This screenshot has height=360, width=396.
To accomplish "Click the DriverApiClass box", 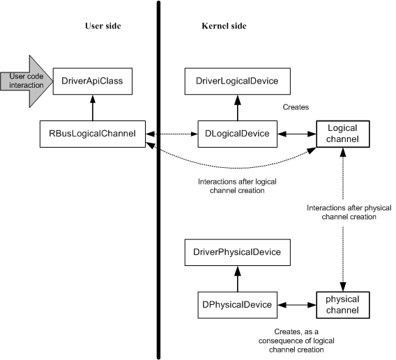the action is pos(93,81).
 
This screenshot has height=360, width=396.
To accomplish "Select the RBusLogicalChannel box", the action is pos(93,134).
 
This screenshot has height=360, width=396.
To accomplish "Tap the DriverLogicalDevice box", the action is pos(238,81).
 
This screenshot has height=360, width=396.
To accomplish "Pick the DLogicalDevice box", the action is pos(238,134).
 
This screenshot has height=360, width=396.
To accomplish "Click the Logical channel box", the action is pos(343,134).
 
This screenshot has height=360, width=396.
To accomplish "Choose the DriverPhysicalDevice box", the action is pos(238,252).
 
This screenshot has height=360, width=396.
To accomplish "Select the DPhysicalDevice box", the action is pos(238,305).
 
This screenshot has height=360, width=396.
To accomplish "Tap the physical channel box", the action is pos(343,305).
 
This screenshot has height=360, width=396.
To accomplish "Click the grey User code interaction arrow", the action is pos(26,81).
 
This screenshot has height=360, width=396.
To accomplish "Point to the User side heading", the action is pos(103,26).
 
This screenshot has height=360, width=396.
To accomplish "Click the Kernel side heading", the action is pos(224,26).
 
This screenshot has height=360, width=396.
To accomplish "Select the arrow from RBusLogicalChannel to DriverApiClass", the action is pos(93,108).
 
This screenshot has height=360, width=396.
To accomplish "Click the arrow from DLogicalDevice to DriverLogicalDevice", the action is pos(238,108).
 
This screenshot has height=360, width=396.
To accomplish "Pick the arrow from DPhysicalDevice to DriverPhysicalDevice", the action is pos(238,279).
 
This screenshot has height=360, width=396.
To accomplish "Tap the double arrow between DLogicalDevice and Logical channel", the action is pos(297,134).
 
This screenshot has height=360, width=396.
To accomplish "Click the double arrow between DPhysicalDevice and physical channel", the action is pos(297,305).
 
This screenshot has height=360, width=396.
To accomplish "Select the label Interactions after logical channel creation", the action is pos(237,186).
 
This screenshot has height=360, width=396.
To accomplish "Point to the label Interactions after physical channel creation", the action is pos(349,212).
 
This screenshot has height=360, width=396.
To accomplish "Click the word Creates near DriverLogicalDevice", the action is pos(296,107).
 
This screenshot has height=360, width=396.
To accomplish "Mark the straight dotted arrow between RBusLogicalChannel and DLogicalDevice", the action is pos(172,134).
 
